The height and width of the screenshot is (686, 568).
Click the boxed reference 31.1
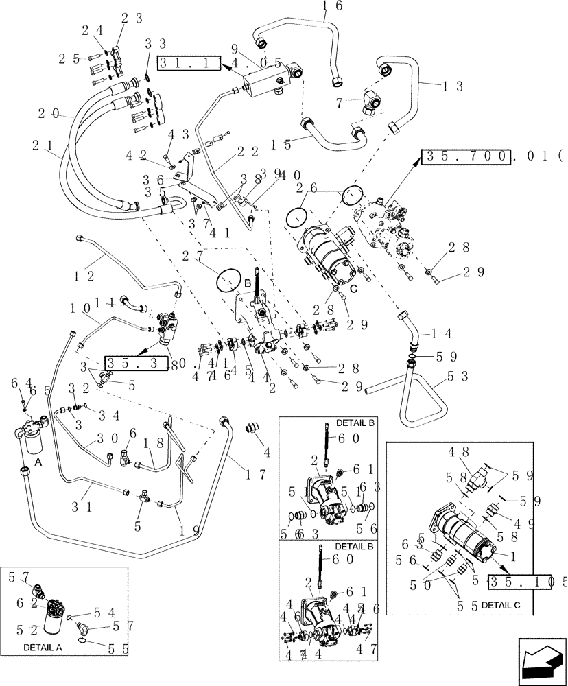coord(188,64)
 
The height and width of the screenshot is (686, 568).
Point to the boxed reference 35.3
coord(136,363)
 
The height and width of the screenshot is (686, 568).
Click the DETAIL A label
coord(43,647)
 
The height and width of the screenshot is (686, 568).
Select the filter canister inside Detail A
coord(55,624)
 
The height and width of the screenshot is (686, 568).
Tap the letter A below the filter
coord(38,462)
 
